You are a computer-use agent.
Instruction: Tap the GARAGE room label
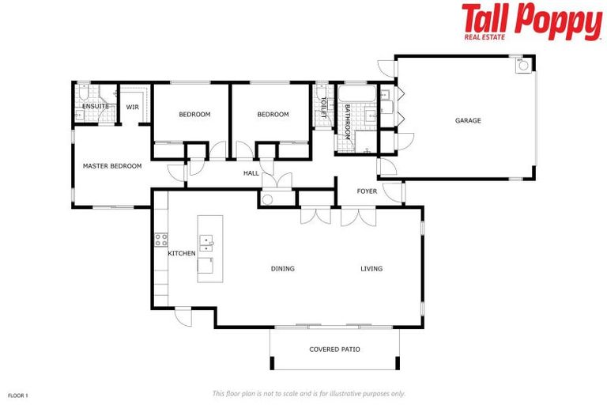[467, 121]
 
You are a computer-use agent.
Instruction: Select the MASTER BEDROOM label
[112, 166]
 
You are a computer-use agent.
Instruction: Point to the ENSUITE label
[95, 106]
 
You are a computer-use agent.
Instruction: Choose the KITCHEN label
[181, 253]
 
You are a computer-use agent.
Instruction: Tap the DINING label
[282, 269]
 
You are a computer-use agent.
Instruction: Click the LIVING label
[371, 269]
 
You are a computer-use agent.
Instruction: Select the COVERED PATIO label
[334, 349]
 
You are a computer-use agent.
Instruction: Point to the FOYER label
[367, 191]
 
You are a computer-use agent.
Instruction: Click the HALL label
[251, 172]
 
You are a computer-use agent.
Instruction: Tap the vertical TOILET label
[323, 108]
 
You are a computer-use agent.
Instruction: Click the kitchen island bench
[209, 248]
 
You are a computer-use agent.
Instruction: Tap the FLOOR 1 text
[17, 394]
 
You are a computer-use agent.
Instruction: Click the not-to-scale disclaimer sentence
[308, 393]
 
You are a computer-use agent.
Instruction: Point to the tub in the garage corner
[522, 66]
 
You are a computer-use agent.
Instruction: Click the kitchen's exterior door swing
[183, 316]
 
